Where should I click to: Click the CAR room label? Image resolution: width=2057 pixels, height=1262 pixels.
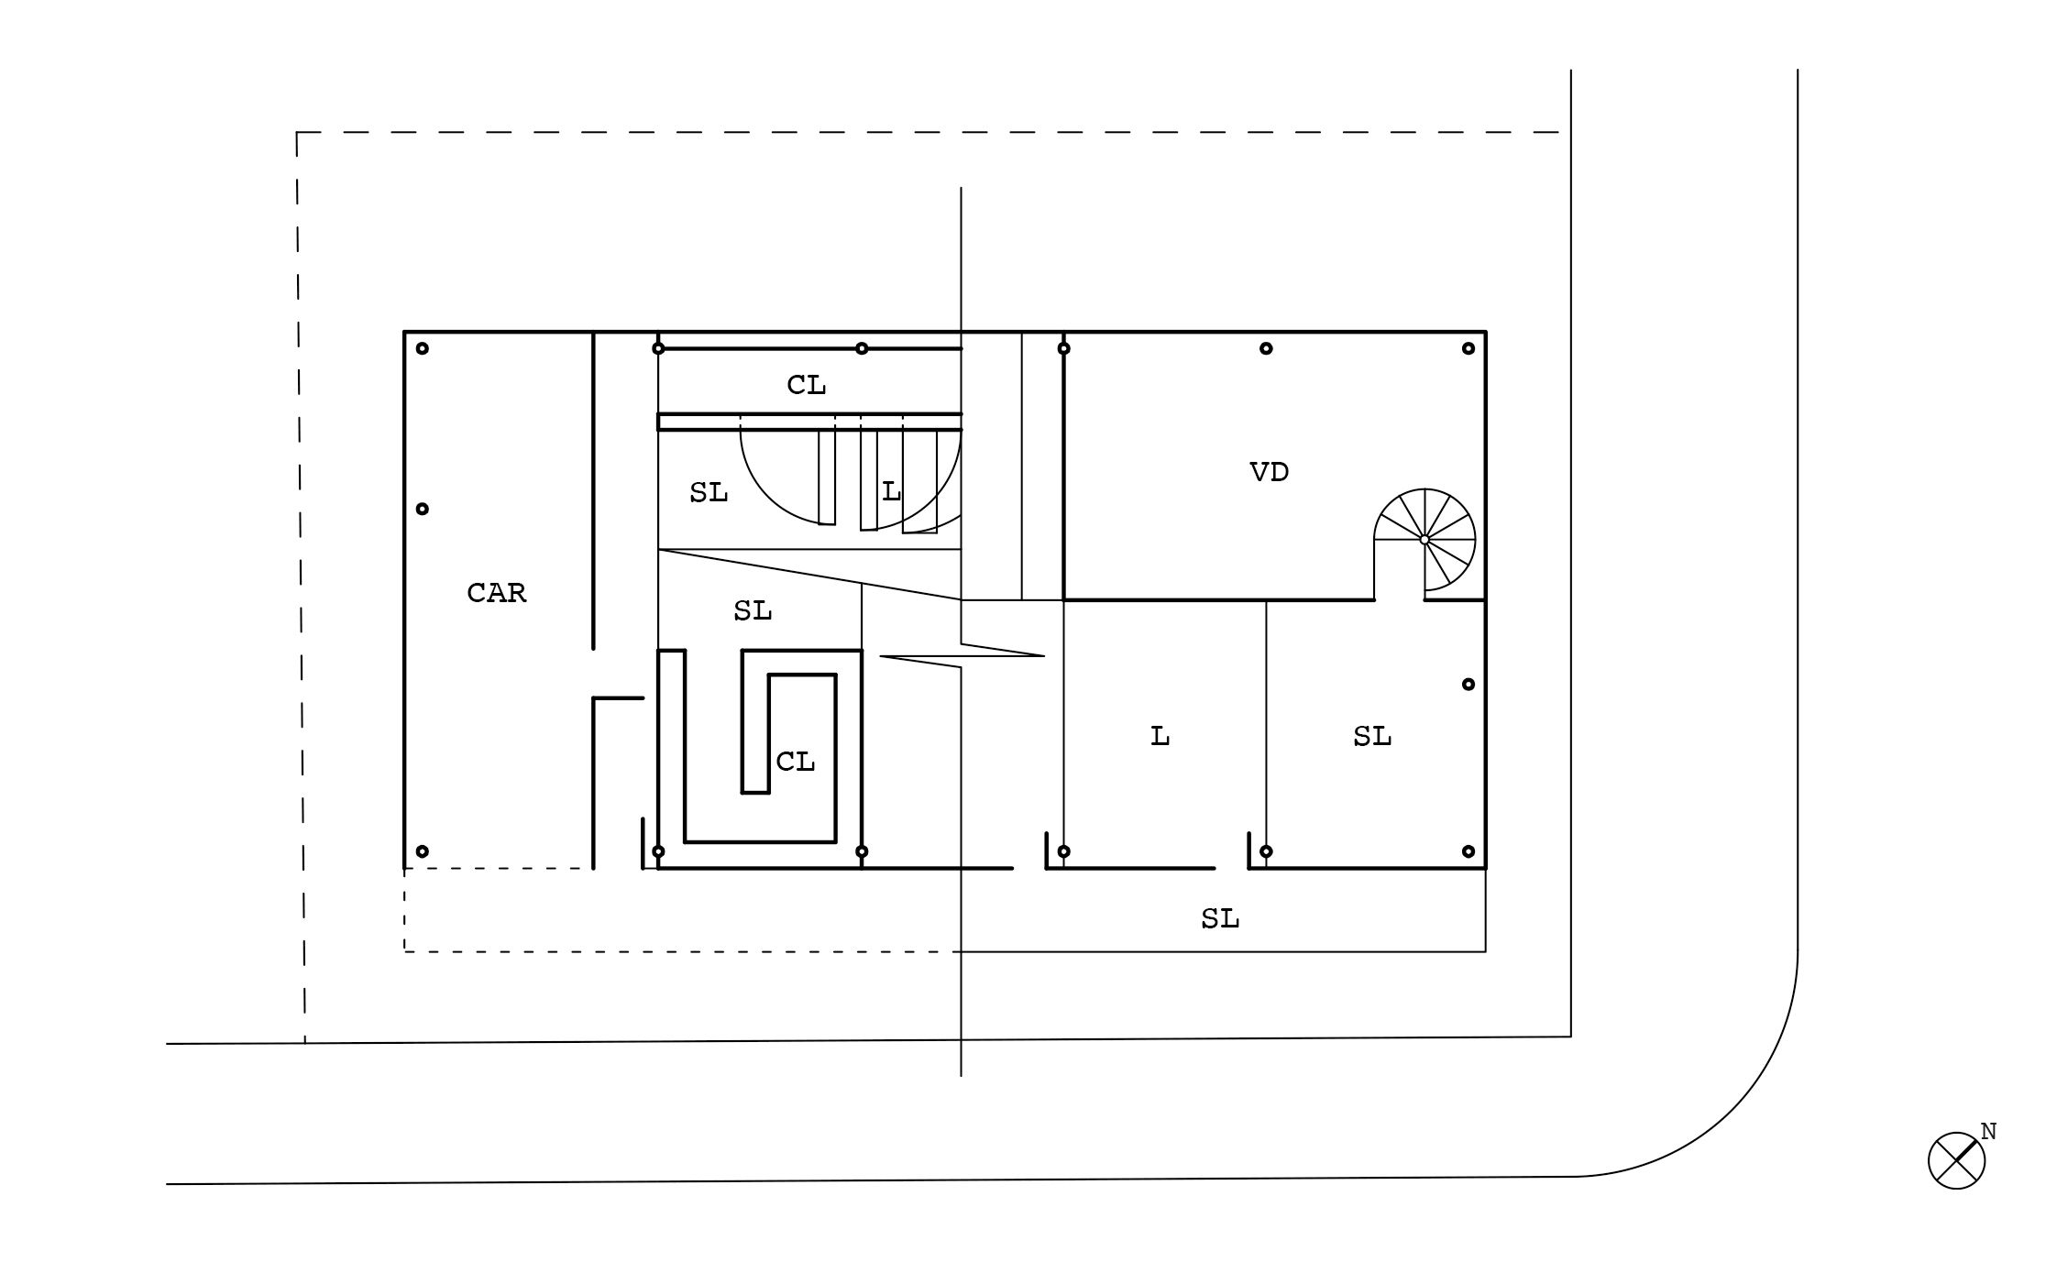(497, 593)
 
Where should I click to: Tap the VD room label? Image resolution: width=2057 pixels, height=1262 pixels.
(1270, 472)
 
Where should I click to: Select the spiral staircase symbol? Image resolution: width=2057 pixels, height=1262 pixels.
(1424, 540)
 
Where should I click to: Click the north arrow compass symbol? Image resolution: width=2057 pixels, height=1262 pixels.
(1956, 1160)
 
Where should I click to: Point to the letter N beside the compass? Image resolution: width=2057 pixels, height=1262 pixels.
(1988, 1132)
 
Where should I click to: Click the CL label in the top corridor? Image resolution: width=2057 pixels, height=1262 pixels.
(807, 386)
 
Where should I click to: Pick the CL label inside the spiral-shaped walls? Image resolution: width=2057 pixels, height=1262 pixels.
(796, 762)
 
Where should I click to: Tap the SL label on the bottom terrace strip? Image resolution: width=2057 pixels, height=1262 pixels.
(1220, 918)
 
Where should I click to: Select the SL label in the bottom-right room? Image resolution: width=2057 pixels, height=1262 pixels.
(1372, 736)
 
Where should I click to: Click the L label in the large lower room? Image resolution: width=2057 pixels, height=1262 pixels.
(1160, 736)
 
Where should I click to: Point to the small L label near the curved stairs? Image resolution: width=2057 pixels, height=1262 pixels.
(891, 492)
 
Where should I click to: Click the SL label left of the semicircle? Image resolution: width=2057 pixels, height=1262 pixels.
(709, 493)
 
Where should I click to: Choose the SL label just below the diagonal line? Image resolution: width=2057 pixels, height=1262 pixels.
(753, 610)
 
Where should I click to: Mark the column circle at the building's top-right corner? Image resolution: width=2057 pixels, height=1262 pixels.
(1468, 348)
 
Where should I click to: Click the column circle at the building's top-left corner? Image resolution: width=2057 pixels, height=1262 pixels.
(423, 348)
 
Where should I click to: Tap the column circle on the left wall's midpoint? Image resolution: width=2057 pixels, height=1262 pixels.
(423, 509)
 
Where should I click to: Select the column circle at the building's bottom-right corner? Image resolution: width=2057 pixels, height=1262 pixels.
(1468, 851)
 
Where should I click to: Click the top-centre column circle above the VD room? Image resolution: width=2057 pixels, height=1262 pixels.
(1266, 348)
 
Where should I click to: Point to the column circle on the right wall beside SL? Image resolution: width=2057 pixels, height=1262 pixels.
(1468, 684)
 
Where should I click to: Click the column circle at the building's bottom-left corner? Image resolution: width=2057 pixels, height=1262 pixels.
(423, 851)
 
